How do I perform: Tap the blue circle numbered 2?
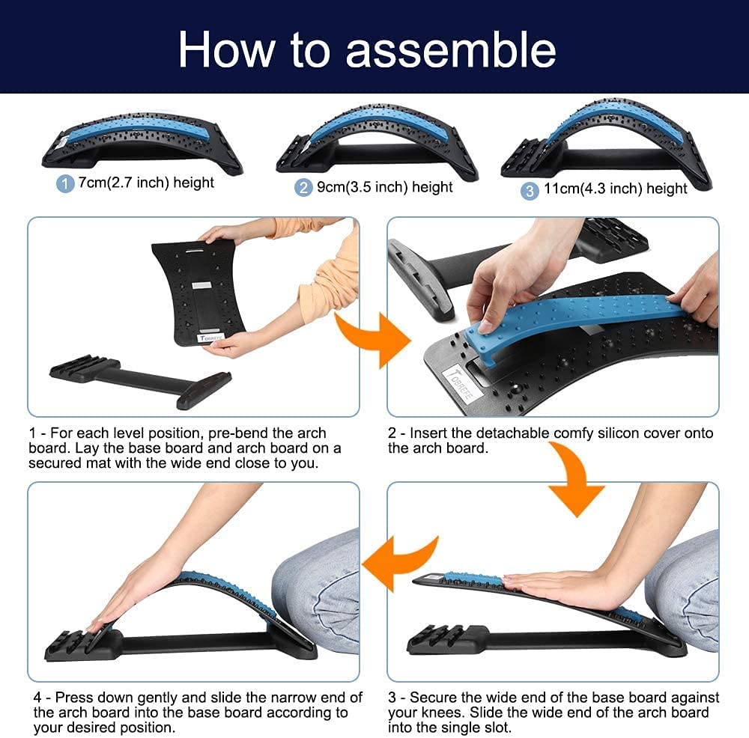point(303,188)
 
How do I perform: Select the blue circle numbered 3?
point(530,191)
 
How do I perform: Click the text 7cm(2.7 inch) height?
point(146,183)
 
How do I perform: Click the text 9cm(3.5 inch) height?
point(384,187)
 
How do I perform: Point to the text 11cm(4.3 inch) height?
point(614,189)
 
